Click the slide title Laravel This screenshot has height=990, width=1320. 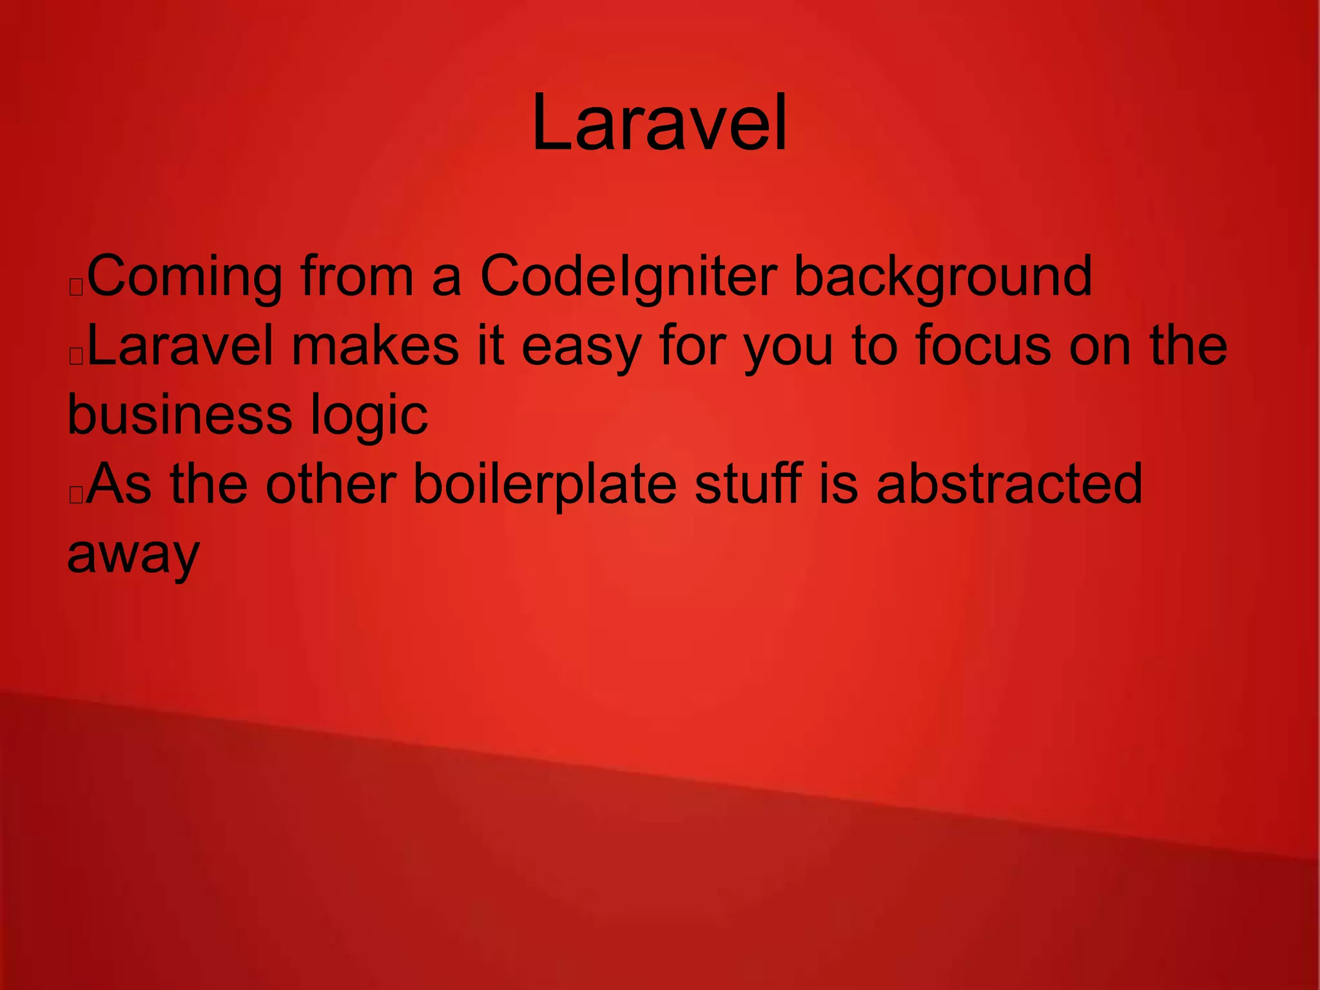point(659,122)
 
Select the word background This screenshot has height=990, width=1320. point(942,277)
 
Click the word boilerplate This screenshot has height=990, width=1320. point(545,485)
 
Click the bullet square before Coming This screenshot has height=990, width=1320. point(76,287)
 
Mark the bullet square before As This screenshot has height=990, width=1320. point(76,495)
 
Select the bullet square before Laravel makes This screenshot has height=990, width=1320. point(76,356)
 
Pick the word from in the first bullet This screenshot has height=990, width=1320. point(357,277)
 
